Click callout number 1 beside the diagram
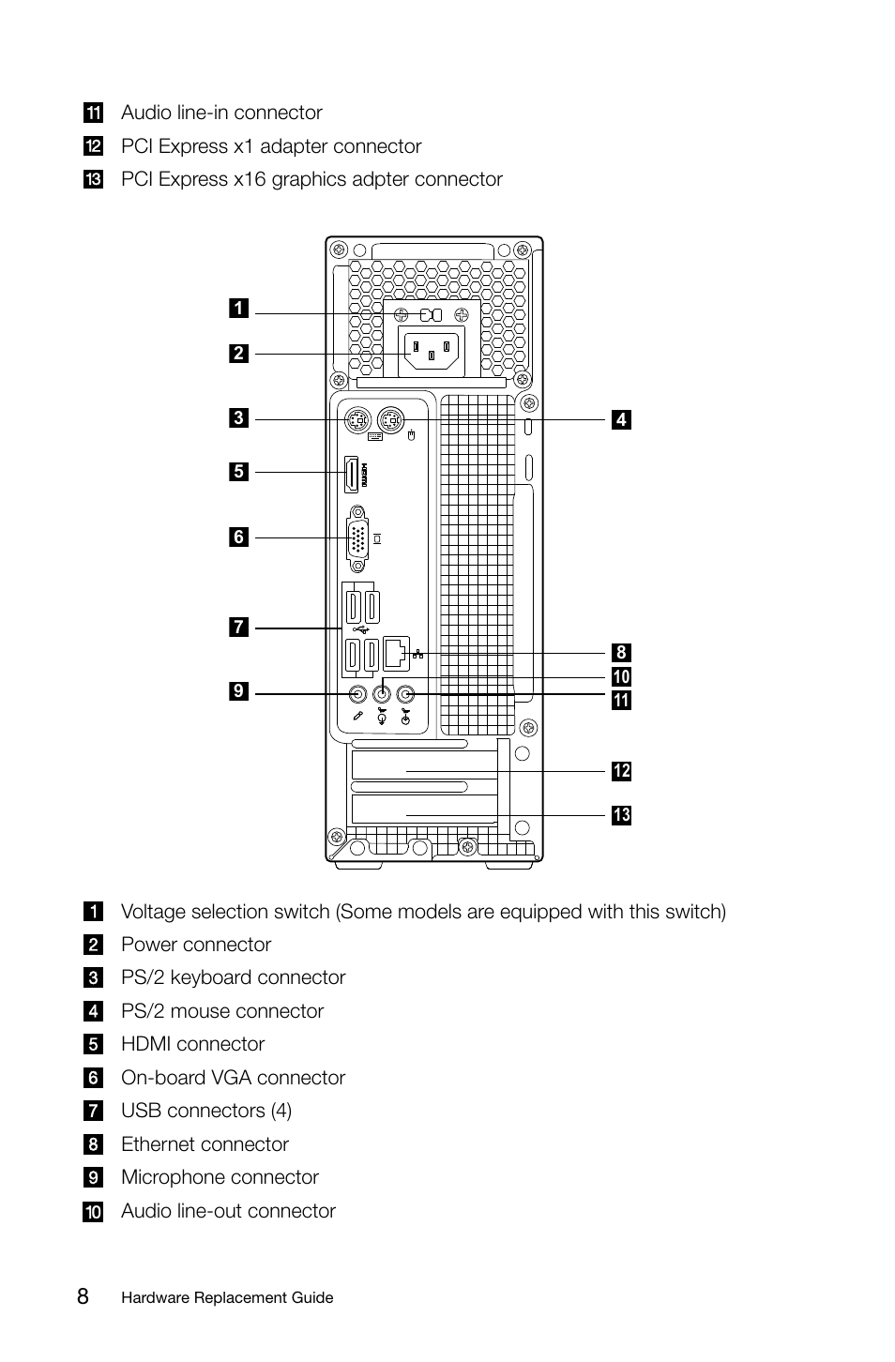click(x=238, y=308)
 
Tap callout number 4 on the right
click(x=621, y=419)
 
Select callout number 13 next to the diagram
click(x=621, y=815)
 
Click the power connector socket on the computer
click(x=432, y=353)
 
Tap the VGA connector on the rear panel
click(x=357, y=538)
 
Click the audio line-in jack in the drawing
click(x=406, y=694)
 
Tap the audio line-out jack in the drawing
click(x=382, y=694)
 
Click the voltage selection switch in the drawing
click(x=432, y=314)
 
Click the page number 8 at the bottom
click(x=83, y=1297)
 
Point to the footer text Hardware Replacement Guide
click(x=227, y=1298)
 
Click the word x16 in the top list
click(x=250, y=179)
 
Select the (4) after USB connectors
click(x=281, y=1111)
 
